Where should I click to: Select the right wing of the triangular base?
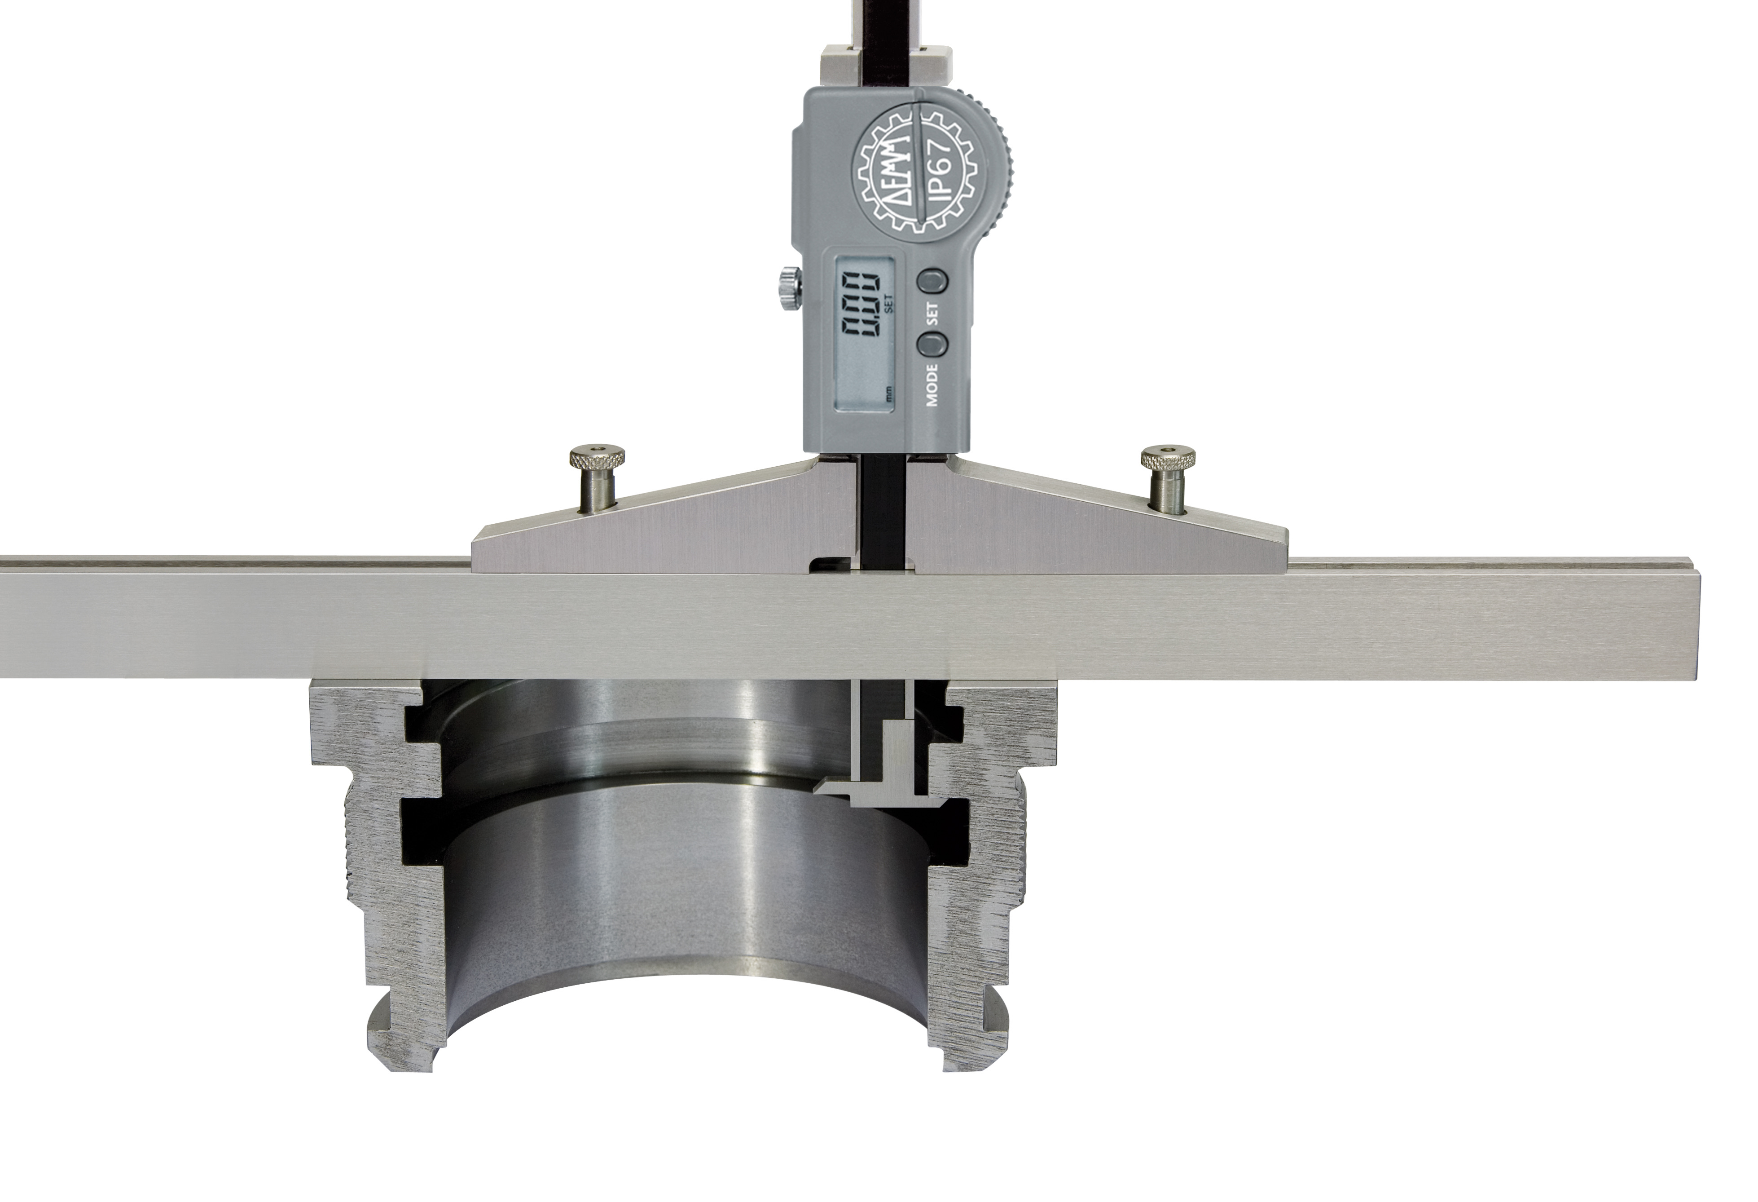point(1074,530)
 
